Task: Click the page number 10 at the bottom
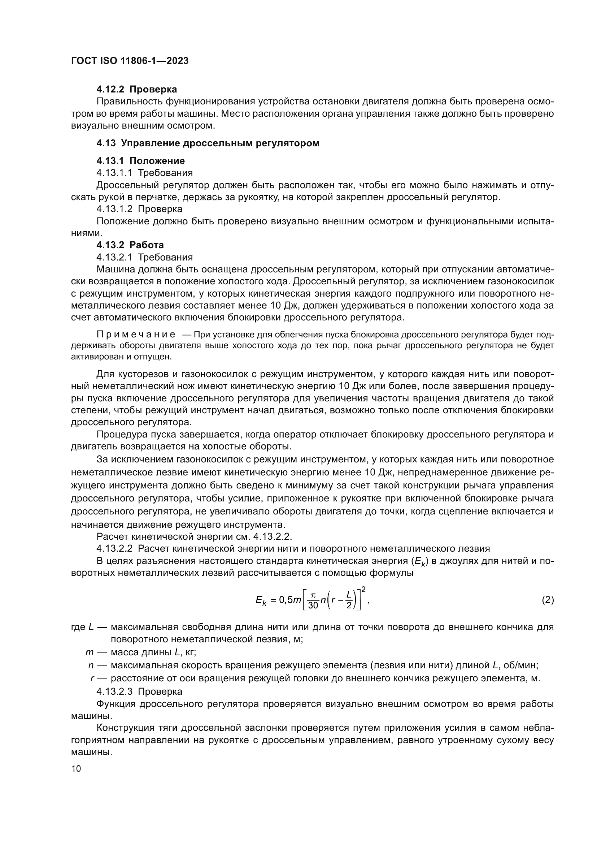pos(76,768)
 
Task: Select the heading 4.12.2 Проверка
pos(136,90)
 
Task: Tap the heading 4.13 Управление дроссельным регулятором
pos(208,143)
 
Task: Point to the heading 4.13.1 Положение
pos(140,161)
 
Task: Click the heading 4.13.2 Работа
pos(130,245)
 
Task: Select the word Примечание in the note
pos(136,335)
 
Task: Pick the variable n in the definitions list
pos(91,665)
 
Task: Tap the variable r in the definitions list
pos(92,678)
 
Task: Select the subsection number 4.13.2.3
pos(114,691)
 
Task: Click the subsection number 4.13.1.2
pos(114,209)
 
